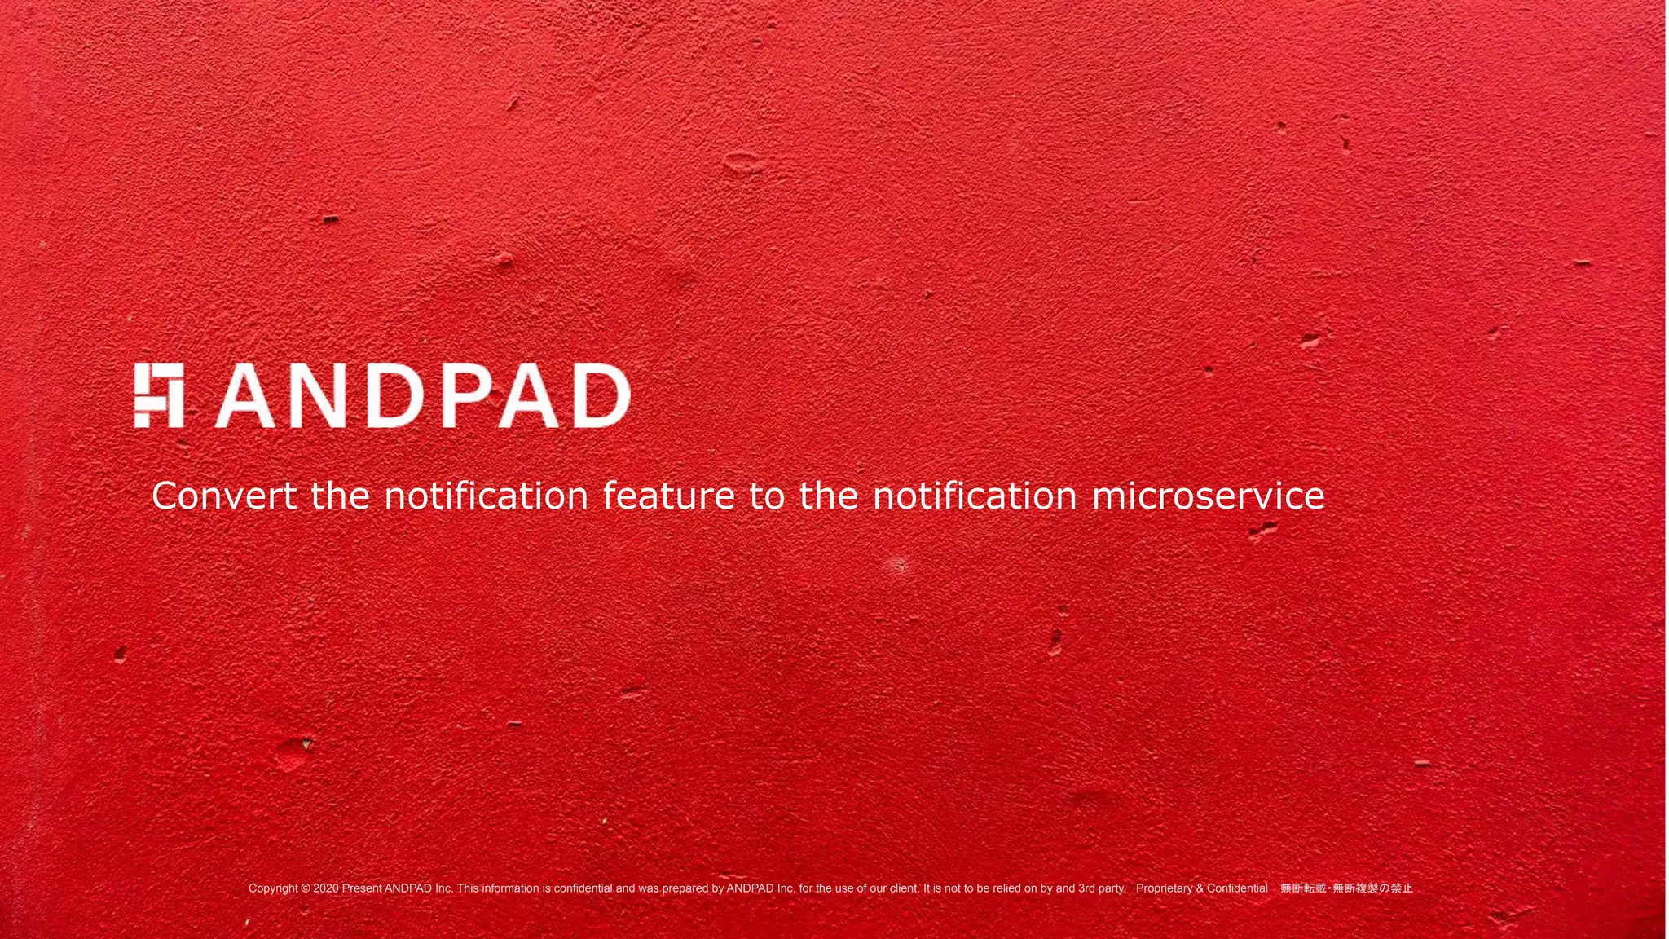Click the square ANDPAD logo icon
159,395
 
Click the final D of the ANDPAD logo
601,396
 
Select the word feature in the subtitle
668,496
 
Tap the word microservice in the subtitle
1208,496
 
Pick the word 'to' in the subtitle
767,496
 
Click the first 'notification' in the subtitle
486,496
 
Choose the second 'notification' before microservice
975,496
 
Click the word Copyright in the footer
273,888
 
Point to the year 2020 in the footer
325,888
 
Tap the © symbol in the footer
306,888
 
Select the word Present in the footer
361,888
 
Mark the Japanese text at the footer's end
1346,888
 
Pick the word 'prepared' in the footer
685,888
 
